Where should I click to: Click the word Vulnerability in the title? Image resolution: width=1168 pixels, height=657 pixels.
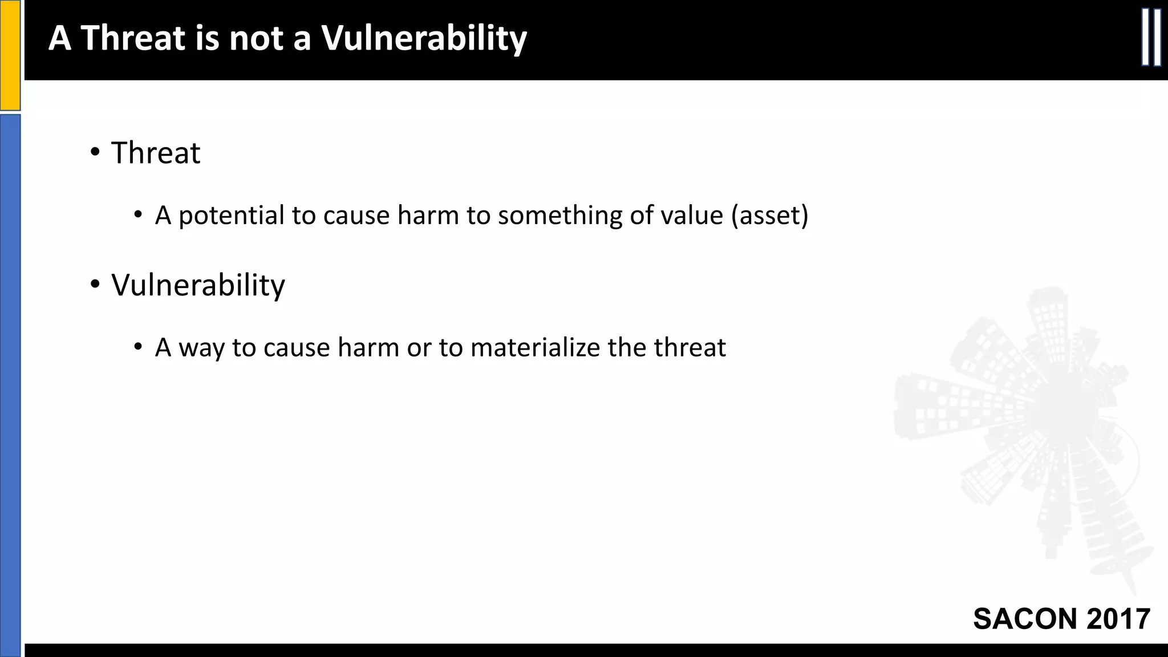coord(423,39)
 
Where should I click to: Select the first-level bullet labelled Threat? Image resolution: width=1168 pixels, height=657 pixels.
coord(155,153)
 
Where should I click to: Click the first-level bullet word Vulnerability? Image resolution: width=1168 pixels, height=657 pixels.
coord(198,285)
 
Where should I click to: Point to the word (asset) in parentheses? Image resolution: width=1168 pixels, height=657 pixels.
coord(769,216)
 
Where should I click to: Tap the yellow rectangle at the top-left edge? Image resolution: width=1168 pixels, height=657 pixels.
coord(10,55)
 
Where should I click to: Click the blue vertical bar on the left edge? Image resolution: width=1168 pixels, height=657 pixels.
coord(10,382)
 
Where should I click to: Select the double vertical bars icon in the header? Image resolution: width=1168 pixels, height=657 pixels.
coord(1151,38)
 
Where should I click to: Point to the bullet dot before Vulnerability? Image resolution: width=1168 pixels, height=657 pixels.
coord(95,284)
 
